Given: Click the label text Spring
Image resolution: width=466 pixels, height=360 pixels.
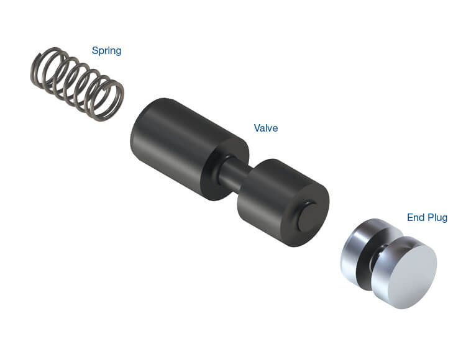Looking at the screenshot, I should click(106, 51).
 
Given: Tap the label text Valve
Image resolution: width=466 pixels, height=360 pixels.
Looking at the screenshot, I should click(266, 128).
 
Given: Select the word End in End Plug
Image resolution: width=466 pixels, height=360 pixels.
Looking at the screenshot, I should click(416, 218).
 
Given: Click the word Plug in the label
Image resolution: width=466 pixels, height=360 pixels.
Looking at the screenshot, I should click(437, 218).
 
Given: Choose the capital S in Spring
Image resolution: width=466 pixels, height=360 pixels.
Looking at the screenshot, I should click(95, 51).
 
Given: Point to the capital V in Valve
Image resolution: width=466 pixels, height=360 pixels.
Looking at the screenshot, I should click(257, 128).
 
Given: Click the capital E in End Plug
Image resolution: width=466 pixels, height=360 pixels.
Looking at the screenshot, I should click(410, 218).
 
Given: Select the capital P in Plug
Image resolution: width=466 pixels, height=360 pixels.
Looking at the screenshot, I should click(429, 218).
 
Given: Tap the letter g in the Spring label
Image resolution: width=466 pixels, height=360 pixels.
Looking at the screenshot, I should click(118, 52).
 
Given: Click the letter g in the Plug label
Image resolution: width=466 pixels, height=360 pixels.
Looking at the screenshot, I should click(444, 219).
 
